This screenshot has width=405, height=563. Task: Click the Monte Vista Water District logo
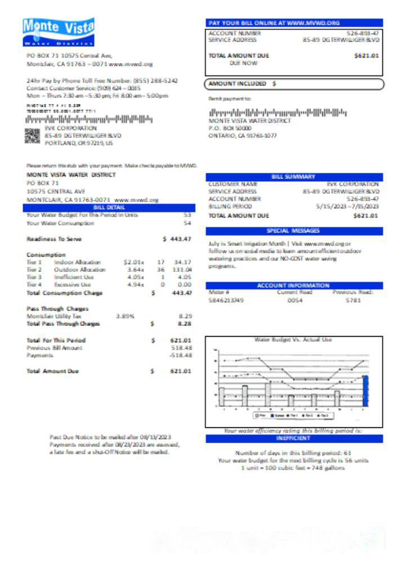(x=58, y=32)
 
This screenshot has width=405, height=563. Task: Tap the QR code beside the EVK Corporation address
(x=33, y=136)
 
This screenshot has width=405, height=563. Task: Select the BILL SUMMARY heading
(x=294, y=177)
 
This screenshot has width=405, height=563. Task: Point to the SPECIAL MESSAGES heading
(x=294, y=231)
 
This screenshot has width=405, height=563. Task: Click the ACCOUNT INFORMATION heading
(x=294, y=285)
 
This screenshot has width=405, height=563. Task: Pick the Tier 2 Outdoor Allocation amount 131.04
(x=182, y=270)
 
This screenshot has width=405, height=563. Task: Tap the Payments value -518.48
(x=181, y=356)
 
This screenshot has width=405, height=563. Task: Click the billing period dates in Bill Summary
(x=347, y=207)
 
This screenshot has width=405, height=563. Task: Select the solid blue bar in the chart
(x=366, y=391)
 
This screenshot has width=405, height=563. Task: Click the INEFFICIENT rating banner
(x=294, y=438)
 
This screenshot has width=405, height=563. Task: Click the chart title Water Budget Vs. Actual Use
(x=293, y=340)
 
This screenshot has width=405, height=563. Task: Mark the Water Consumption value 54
(x=187, y=224)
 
